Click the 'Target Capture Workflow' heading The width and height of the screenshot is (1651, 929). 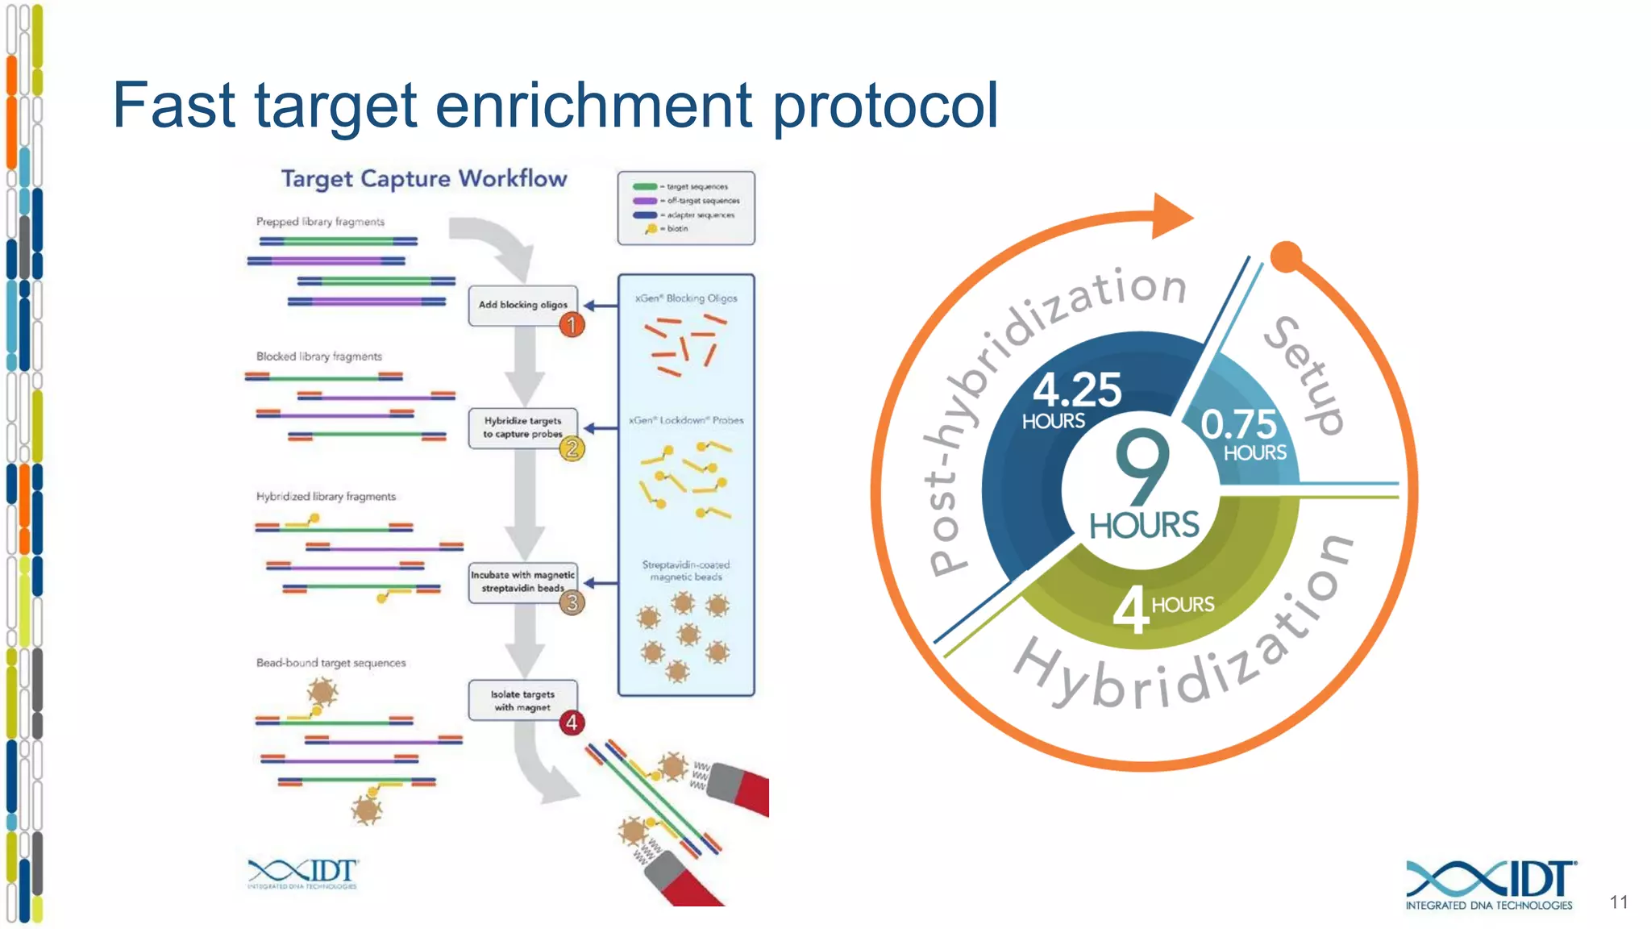tap(424, 178)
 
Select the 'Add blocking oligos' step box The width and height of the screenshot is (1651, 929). tap(522, 305)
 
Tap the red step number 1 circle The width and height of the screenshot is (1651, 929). tap(572, 325)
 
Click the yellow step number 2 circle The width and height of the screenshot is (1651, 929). tap(572, 448)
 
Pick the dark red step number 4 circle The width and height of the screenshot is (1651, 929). tap(572, 723)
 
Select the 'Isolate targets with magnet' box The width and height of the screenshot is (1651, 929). tap(522, 700)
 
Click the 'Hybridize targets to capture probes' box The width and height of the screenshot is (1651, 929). tap(522, 427)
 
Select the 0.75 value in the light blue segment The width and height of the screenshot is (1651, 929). tap(1238, 424)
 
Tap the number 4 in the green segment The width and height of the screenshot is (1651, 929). tap(1130, 610)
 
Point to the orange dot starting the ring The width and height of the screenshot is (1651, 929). tap(1286, 257)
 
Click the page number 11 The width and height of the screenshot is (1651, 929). tap(1619, 902)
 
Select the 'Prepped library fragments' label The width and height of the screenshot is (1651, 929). tap(320, 222)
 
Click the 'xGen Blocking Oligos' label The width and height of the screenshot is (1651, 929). tap(686, 298)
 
